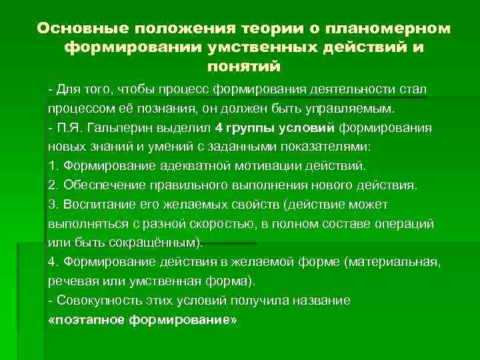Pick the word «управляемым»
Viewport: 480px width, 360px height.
click(355, 109)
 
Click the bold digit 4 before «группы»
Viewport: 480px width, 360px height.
click(220, 127)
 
